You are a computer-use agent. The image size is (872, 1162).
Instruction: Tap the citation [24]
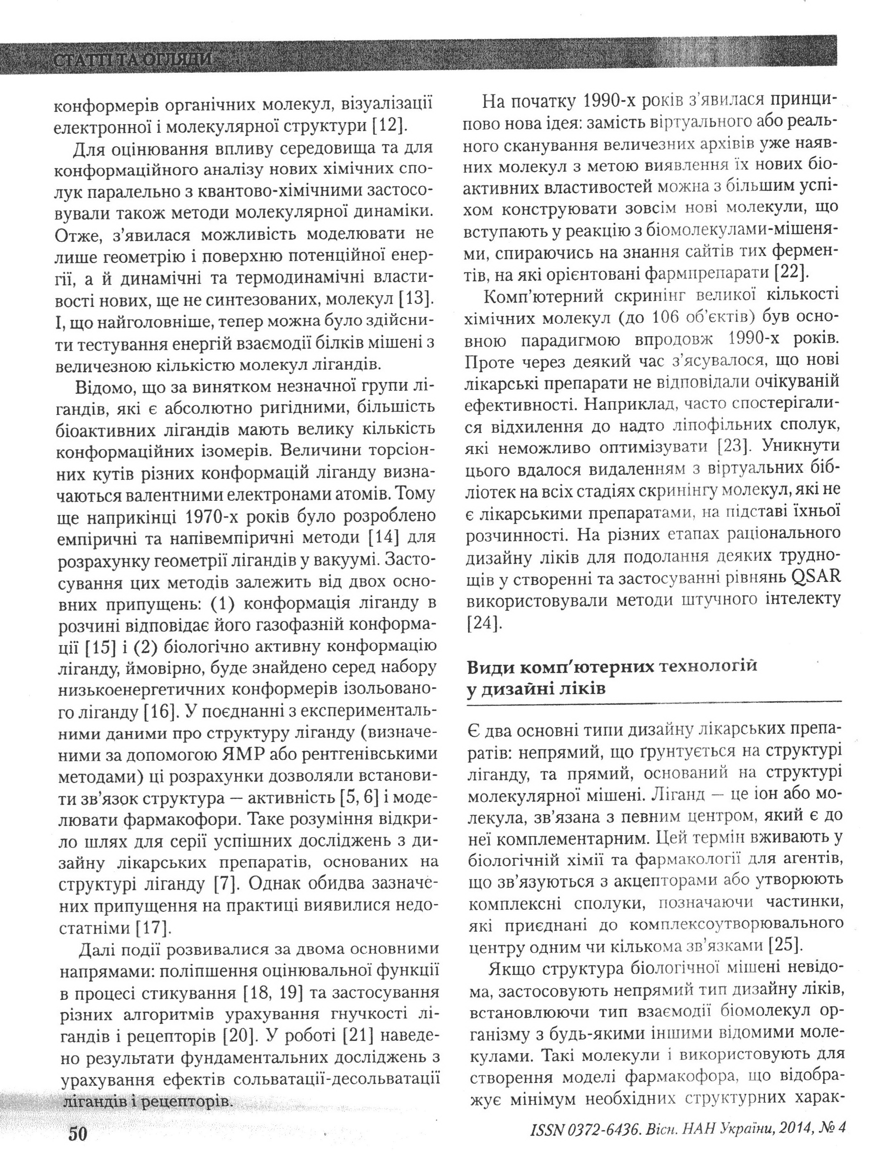pyautogui.click(x=482, y=623)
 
